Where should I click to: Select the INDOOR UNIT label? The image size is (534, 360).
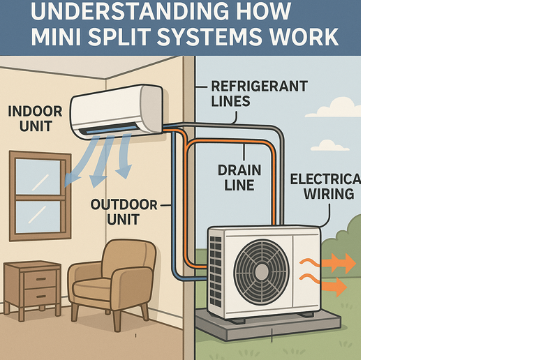[35, 119]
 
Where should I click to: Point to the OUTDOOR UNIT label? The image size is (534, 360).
[124, 212]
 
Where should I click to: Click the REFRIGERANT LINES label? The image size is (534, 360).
[259, 93]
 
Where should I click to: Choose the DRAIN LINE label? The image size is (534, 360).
[239, 178]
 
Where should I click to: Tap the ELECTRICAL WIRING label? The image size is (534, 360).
[325, 186]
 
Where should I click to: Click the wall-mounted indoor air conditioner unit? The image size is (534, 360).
[116, 112]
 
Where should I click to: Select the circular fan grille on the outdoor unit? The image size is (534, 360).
[261, 271]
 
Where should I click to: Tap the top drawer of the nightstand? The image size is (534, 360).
[40, 279]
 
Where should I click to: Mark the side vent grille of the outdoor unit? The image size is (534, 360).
[215, 271]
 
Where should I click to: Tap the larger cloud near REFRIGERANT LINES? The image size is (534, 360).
[334, 107]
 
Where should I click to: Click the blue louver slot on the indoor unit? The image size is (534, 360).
[109, 129]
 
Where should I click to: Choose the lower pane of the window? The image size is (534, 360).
[38, 217]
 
